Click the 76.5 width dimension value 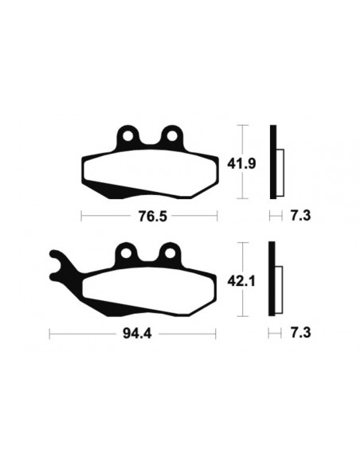tap(148, 216)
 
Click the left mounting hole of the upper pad tap(127, 135)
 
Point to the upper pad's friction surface tap(151, 167)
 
